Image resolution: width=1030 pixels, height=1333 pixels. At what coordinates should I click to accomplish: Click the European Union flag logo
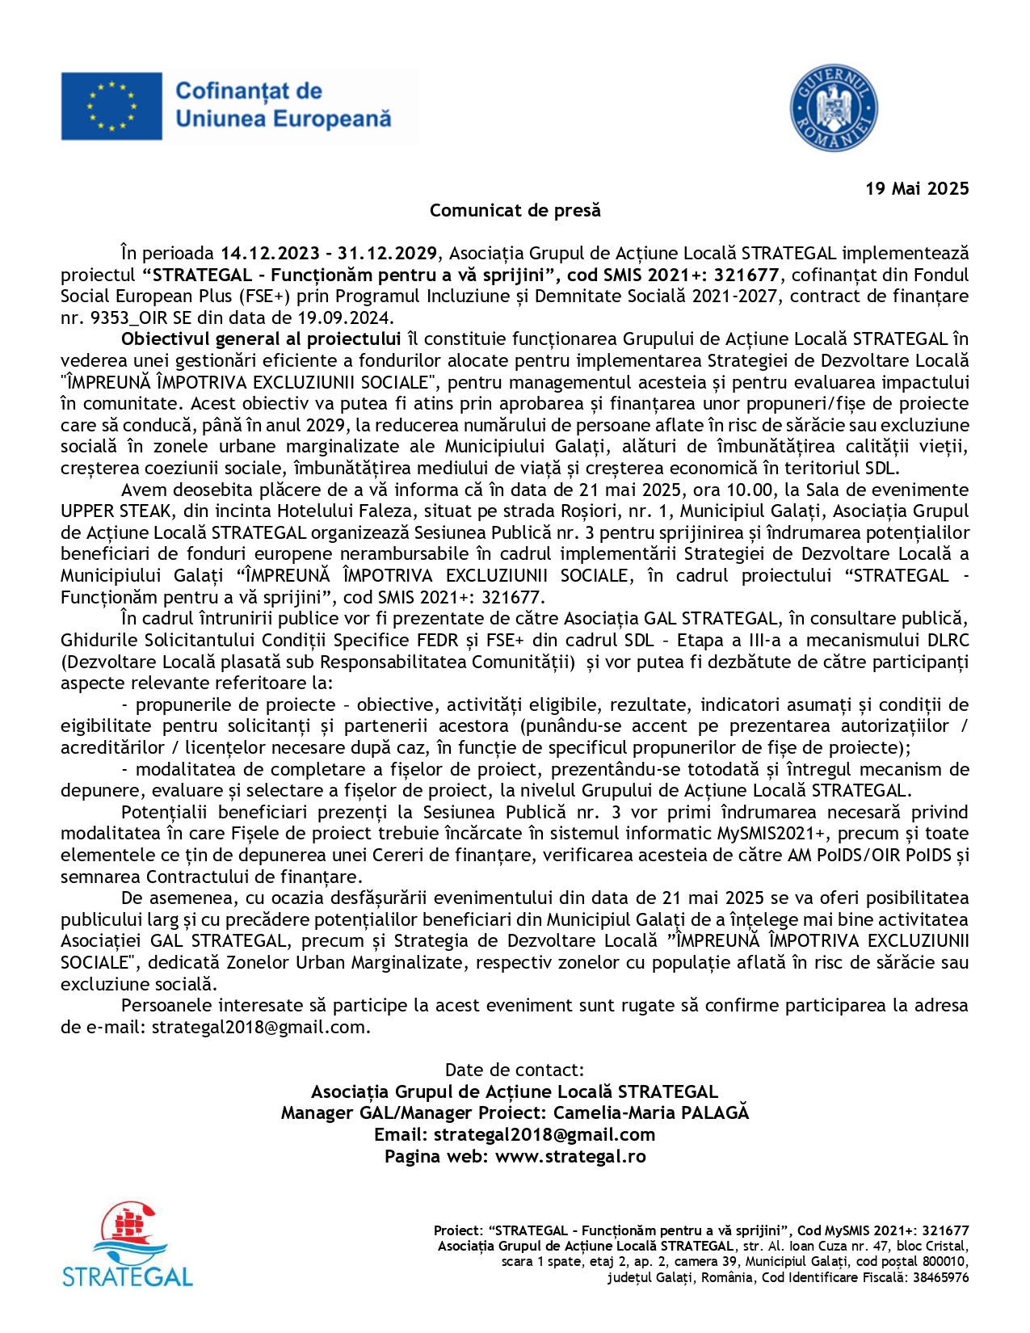click(x=111, y=106)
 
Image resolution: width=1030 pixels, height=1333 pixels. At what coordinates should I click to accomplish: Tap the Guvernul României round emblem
click(x=833, y=108)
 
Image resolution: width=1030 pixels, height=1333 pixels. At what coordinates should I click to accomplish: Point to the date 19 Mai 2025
click(x=917, y=189)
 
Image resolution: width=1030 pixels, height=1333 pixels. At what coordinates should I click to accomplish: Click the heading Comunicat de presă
click(x=515, y=211)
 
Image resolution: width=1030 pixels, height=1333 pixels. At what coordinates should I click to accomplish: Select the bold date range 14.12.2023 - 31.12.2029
click(x=329, y=254)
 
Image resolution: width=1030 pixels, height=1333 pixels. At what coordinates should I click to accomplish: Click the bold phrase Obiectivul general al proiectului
click(x=261, y=339)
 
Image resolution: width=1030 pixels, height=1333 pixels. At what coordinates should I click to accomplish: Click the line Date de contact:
click(x=515, y=1070)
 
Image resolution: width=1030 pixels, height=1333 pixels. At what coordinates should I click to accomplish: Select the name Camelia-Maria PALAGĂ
click(x=651, y=1113)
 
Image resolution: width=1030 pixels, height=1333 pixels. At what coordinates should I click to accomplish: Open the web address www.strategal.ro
click(x=570, y=1156)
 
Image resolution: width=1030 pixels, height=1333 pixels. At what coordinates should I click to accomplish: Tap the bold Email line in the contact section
click(x=515, y=1135)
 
